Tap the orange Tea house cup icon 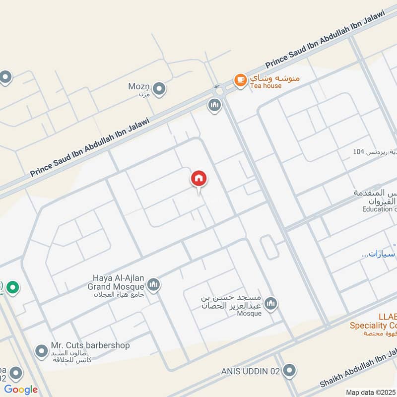pyautogui.click(x=240, y=79)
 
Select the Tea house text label pyautogui.click(x=265, y=86)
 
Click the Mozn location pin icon pyautogui.click(x=159, y=89)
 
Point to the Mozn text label pyautogui.click(x=139, y=87)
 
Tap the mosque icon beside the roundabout pyautogui.click(x=214, y=105)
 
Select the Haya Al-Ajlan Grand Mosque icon pyautogui.click(x=153, y=284)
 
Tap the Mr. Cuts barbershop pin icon pyautogui.click(x=41, y=351)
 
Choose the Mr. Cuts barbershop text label pyautogui.click(x=90, y=345)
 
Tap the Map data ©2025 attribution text pyautogui.click(x=371, y=392)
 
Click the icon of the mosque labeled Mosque pyautogui.click(x=270, y=304)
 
